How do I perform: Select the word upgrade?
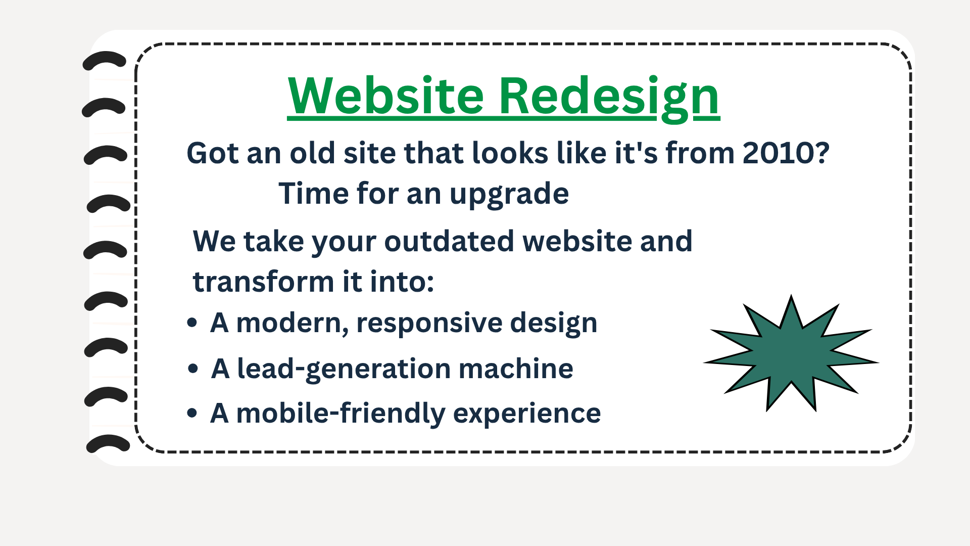click(509, 194)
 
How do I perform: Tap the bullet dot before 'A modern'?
click(192, 323)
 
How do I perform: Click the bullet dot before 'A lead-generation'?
click(192, 369)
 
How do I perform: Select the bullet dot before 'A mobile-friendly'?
click(192, 413)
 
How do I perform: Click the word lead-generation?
click(344, 369)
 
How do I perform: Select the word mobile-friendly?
click(341, 414)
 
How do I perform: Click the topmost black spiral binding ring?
click(105, 60)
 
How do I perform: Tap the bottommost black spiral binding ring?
click(108, 443)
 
